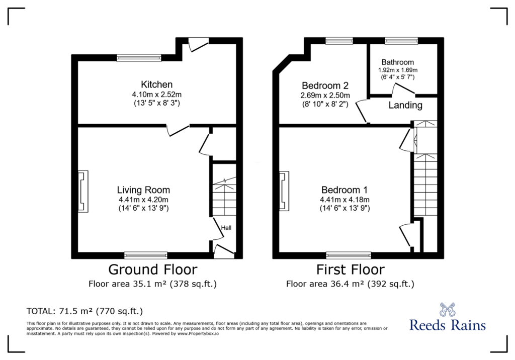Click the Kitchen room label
pyautogui.click(x=157, y=84)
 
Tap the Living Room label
pyautogui.click(x=143, y=190)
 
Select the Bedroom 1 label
pyautogui.click(x=344, y=190)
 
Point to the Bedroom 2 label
pyautogui.click(x=325, y=86)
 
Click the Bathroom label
pyautogui.click(x=398, y=62)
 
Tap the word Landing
pyautogui.click(x=405, y=105)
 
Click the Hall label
pyautogui.click(x=226, y=228)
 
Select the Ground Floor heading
pyautogui.click(x=153, y=269)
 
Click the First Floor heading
pyautogui.click(x=350, y=269)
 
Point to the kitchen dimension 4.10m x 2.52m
pyautogui.click(x=157, y=95)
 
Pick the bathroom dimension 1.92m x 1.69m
pyautogui.click(x=398, y=70)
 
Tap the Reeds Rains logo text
pyautogui.click(x=447, y=325)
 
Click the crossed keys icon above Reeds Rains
pyautogui.click(x=447, y=309)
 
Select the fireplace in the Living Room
pyautogui.click(x=83, y=191)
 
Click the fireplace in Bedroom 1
pyautogui.click(x=284, y=191)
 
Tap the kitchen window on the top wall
pyautogui.click(x=139, y=58)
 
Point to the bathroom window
pyautogui.click(x=401, y=41)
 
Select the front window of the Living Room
pyautogui.click(x=146, y=255)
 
